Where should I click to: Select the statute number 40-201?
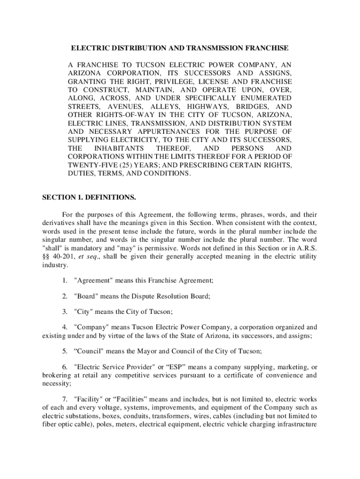pyautogui.click(x=62, y=256)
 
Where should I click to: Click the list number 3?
pyautogui.click(x=65, y=312)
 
